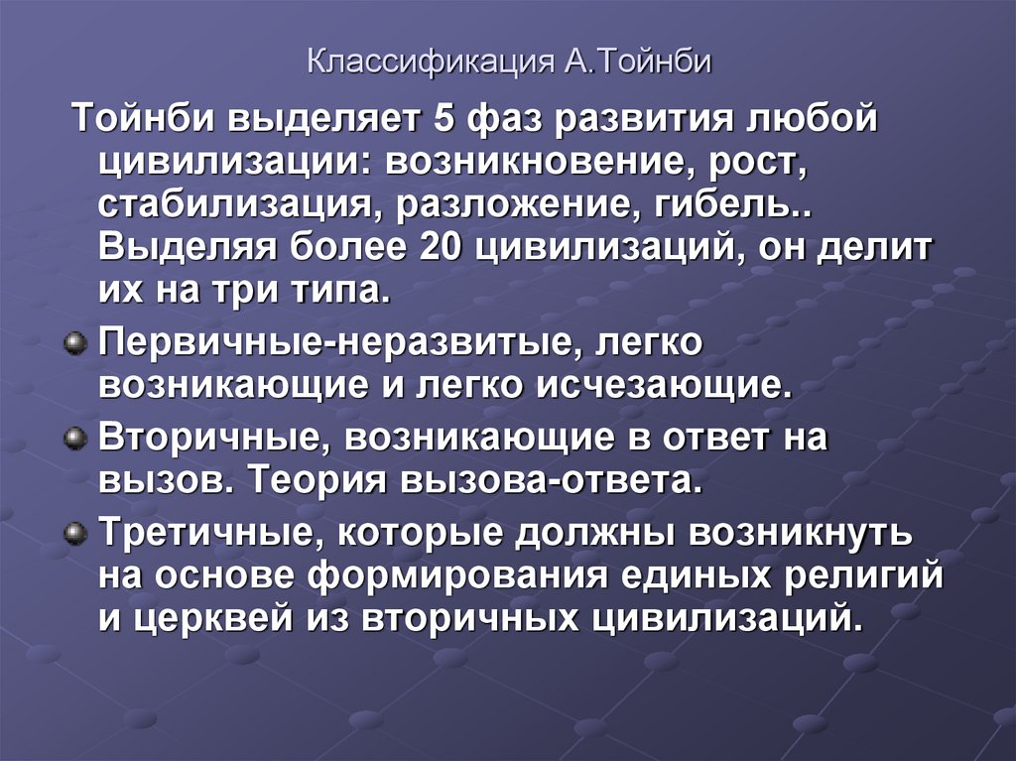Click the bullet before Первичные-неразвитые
(x=73, y=343)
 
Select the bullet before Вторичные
(x=73, y=440)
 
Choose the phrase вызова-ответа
(x=551, y=481)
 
